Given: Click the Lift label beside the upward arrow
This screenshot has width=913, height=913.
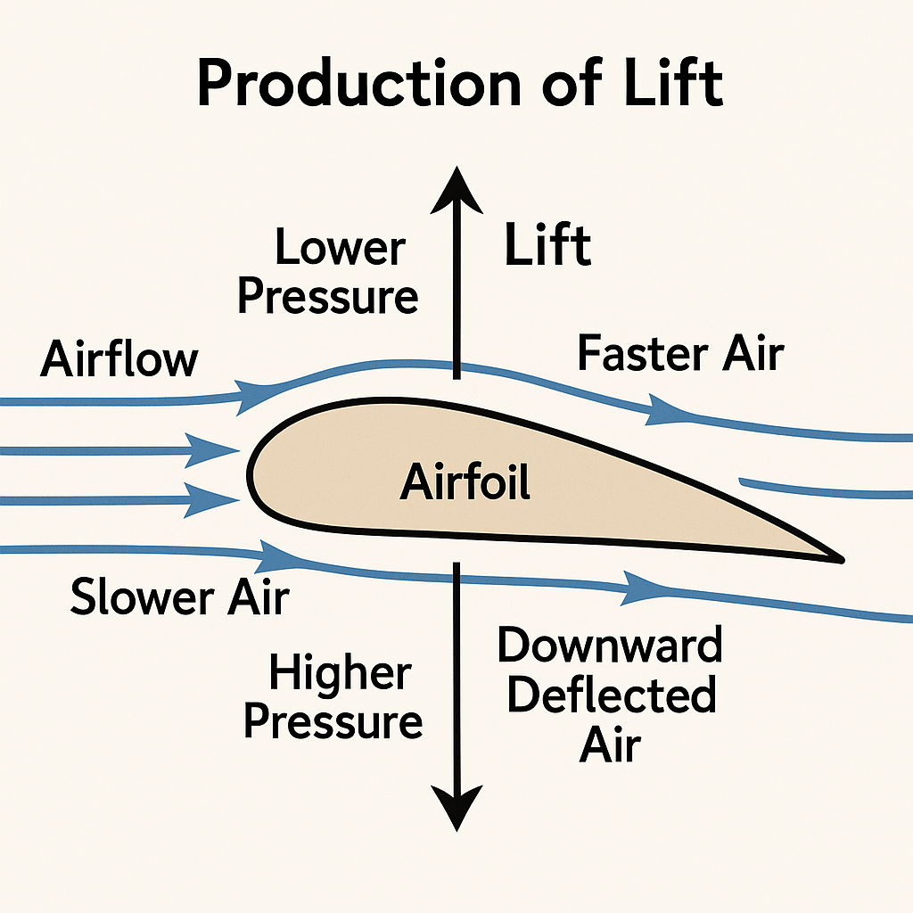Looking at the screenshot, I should point(547,246).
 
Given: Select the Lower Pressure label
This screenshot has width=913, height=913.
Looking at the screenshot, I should point(327,271).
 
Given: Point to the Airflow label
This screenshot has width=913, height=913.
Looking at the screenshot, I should point(119,361).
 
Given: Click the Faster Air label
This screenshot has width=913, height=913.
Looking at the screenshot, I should point(679,353).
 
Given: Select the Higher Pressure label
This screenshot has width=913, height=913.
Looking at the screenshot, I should point(333,697).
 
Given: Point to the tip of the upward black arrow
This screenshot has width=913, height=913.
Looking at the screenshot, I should point(457,171).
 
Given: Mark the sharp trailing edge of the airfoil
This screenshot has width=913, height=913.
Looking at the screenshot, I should point(840,559).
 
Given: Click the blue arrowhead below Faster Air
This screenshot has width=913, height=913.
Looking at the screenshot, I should point(662,411).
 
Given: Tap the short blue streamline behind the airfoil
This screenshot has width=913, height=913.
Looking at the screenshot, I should point(825,489).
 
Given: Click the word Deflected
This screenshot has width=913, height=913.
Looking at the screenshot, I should point(611,695).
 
